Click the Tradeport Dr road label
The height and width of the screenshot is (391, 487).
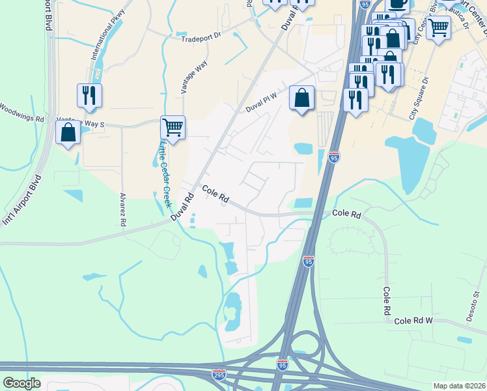click(x=202, y=37)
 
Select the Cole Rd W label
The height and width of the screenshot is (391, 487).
click(x=413, y=321)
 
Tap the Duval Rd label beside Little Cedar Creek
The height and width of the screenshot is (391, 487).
click(x=183, y=207)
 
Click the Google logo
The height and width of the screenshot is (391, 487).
click(x=22, y=383)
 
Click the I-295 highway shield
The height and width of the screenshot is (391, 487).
click(x=219, y=375)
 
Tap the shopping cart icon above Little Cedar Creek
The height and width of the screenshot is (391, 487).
click(x=173, y=126)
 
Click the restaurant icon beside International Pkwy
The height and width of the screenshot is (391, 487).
click(x=89, y=95)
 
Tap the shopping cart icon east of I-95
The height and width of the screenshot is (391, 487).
click(x=439, y=28)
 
